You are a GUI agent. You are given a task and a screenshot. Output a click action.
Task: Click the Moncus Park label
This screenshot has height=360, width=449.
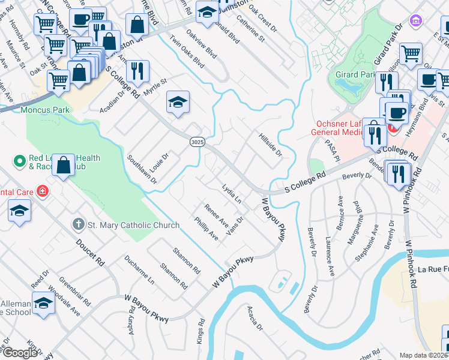coord(45,110)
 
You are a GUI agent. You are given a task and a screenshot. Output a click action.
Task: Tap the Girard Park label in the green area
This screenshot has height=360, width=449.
coord(358,74)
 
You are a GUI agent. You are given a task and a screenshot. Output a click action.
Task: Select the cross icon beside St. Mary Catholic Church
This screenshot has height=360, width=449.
coord(78,225)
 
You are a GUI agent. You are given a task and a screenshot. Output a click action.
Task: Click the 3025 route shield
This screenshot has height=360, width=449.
coord(197,142)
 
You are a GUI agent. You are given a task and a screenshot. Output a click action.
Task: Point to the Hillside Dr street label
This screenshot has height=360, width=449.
coord(270,144)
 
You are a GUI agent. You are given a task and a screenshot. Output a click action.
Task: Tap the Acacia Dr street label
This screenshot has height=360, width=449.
coord(255,317)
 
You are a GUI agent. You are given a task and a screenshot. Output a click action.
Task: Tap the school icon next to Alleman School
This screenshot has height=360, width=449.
coord(43,304)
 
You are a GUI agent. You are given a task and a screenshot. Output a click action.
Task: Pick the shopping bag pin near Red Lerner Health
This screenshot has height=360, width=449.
coord(63,165)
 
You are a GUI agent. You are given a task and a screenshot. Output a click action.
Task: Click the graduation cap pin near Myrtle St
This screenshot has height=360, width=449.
coord(178,103)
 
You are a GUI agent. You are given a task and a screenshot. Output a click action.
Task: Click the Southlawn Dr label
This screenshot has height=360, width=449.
coord(142,169)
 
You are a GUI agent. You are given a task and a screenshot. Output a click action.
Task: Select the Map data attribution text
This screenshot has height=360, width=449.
coord(424,355)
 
